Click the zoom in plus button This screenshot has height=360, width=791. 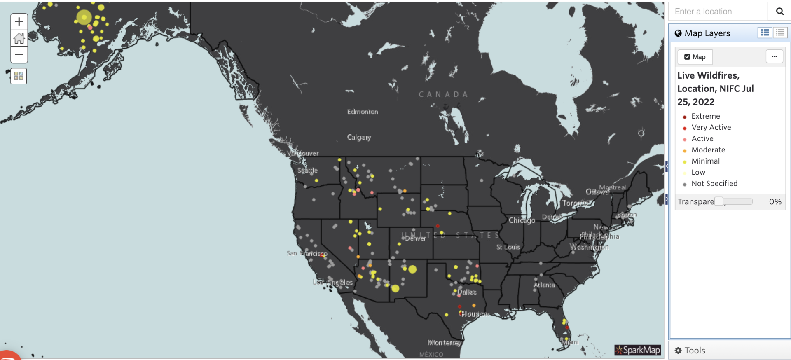[x=19, y=21]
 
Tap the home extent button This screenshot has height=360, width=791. [x=19, y=38]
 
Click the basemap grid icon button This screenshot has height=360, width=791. [x=19, y=76]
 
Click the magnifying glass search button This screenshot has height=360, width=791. [x=779, y=12]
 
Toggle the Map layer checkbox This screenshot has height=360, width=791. [x=687, y=57]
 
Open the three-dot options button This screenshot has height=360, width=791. [x=774, y=56]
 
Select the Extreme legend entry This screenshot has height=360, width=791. [x=705, y=116]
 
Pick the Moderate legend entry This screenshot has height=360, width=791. [x=708, y=150]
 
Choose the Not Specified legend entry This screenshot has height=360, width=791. [x=714, y=184]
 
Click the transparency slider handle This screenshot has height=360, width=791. [x=719, y=201]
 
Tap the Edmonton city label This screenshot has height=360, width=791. [x=363, y=112]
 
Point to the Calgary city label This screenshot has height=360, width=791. [x=359, y=137]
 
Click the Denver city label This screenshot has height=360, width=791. [x=415, y=238]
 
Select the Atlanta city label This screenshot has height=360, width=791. [x=544, y=285]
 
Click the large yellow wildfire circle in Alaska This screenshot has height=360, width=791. [x=84, y=17]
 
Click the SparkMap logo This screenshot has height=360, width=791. [x=638, y=350]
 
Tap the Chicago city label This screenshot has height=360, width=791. [x=522, y=220]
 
